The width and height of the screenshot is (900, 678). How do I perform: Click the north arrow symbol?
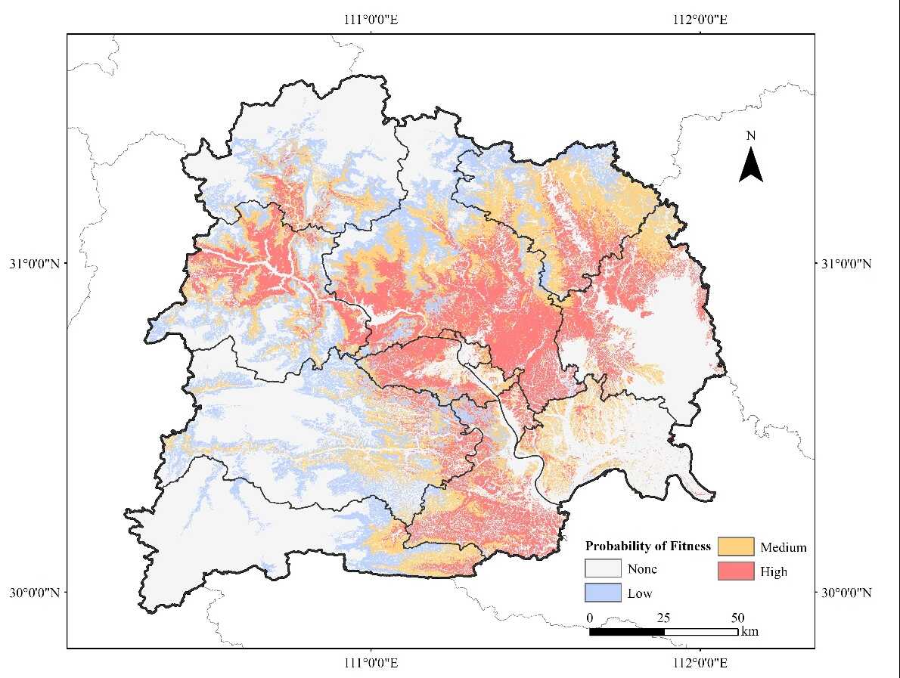coord(750,166)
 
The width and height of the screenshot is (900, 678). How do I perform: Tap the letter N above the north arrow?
coord(750,136)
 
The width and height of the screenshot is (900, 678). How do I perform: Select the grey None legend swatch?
coord(603,568)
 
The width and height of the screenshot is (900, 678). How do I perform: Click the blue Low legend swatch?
coord(603,593)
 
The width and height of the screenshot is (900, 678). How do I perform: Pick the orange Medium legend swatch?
coord(735,546)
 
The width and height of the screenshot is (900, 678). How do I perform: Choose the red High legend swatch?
coord(735,571)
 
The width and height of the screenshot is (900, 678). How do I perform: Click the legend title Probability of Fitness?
coord(648,546)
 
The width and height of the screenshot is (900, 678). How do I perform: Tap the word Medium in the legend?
coord(784,547)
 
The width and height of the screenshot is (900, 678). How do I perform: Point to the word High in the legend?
coord(774,571)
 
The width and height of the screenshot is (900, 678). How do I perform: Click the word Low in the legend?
coord(639,593)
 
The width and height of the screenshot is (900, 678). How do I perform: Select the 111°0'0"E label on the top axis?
coord(371,20)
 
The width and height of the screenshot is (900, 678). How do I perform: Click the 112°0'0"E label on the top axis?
coord(700,20)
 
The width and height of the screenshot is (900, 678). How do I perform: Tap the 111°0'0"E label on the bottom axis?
coord(371,663)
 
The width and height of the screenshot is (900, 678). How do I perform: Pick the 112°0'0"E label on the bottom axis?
coord(700,663)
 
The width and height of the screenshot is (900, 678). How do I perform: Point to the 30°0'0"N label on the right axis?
coord(846,593)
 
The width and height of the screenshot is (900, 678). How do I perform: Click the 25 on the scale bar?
coord(663,617)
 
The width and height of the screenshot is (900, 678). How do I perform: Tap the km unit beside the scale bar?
coord(750,631)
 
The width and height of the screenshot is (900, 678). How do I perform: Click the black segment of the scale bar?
coord(626,631)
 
